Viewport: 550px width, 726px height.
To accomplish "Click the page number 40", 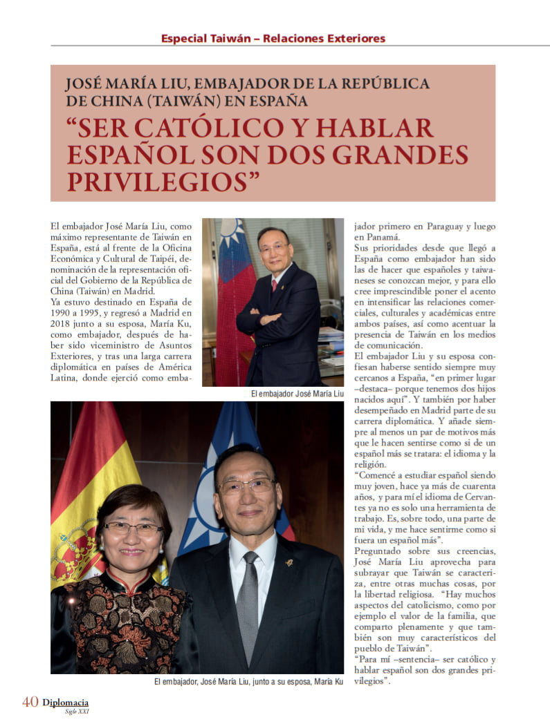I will [x=30, y=702].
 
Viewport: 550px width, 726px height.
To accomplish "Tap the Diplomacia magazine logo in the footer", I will [x=65, y=703].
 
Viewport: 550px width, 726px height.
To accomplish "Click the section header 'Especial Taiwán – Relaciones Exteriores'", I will [x=273, y=38].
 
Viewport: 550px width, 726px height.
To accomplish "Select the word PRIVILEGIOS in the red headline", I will [x=158, y=181].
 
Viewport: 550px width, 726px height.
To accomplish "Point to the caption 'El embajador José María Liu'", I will [x=298, y=393].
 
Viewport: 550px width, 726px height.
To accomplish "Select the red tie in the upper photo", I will [x=274, y=286].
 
